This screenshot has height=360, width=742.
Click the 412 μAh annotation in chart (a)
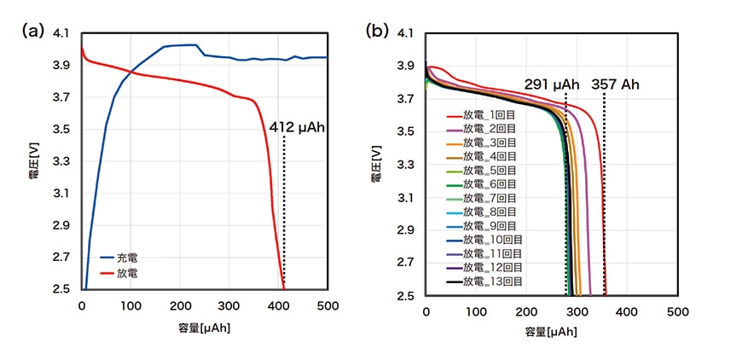[x=298, y=127]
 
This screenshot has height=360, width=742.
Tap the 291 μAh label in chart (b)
[x=551, y=84]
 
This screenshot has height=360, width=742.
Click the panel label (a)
[x=32, y=31]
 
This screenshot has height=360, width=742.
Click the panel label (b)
[x=376, y=31]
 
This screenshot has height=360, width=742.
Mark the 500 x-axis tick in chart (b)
[x=678, y=313]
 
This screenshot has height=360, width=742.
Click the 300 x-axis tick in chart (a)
[x=229, y=305]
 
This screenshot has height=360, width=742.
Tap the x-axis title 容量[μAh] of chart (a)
[x=206, y=327]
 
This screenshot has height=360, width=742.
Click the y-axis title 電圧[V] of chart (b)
[x=376, y=165]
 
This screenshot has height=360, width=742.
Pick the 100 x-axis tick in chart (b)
[x=476, y=313]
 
